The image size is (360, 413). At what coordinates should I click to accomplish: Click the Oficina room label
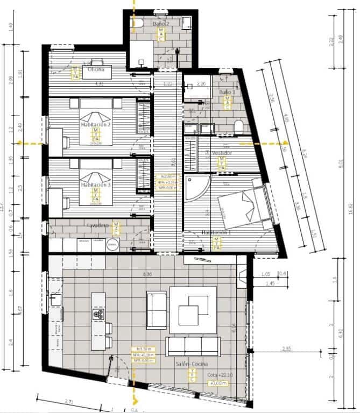click(x=96, y=69)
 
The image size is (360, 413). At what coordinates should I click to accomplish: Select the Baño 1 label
click(x=227, y=93)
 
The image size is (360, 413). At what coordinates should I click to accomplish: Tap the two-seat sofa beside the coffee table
click(x=157, y=310)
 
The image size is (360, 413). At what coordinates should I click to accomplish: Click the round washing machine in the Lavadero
click(x=112, y=245)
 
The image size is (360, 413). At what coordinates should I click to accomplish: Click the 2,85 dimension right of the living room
click(x=286, y=350)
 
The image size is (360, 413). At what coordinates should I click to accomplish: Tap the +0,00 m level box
click(x=218, y=383)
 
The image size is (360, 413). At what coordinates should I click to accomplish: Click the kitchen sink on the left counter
click(x=54, y=297)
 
